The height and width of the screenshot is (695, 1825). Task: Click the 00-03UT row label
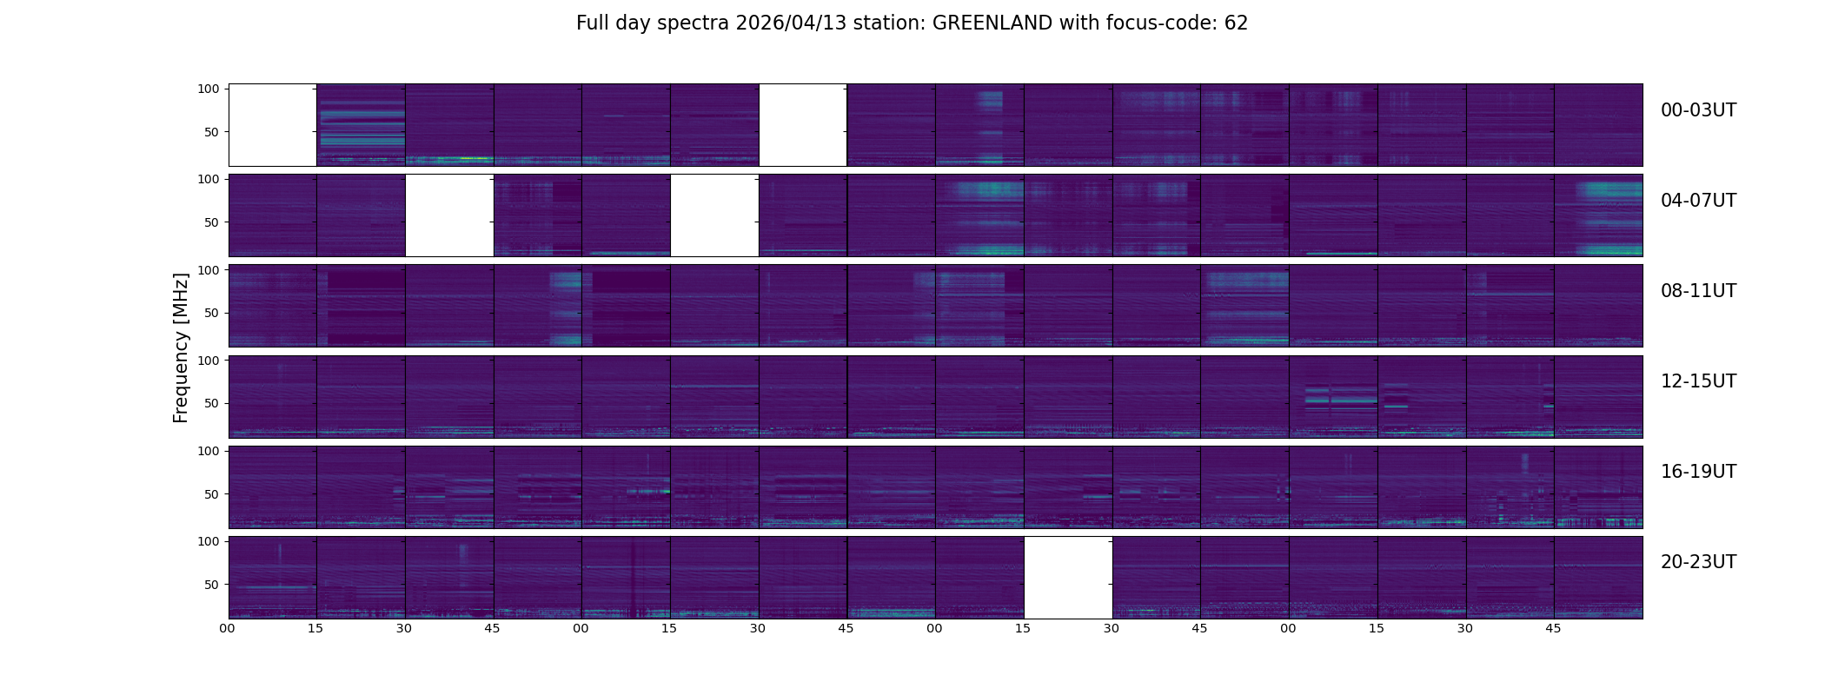click(1698, 110)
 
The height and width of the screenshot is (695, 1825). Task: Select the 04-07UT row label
click(1698, 201)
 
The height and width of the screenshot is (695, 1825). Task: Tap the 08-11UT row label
click(1698, 291)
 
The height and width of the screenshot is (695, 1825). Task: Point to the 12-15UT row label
click(1698, 381)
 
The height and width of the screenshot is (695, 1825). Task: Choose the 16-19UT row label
click(1698, 472)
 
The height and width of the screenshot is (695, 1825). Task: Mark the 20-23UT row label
click(1698, 562)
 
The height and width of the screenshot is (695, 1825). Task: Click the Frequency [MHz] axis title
click(181, 347)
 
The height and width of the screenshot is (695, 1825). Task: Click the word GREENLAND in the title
click(992, 23)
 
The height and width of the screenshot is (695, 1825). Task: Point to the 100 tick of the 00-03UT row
click(209, 89)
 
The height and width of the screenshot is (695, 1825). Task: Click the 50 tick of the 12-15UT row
click(212, 403)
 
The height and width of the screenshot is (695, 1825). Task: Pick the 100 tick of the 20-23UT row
click(209, 541)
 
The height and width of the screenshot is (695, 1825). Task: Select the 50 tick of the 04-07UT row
click(212, 222)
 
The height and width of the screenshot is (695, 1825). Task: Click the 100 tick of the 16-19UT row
click(209, 451)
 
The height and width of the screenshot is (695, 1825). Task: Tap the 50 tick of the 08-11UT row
click(212, 313)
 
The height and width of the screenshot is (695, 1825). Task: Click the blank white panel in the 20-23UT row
click(1068, 578)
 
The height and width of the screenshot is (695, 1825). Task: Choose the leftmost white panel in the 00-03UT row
click(272, 125)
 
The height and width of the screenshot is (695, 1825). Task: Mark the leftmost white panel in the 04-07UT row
click(449, 215)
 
